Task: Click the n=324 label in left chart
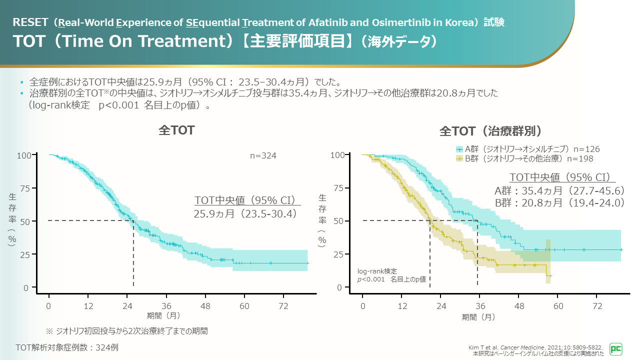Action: [x=263, y=156]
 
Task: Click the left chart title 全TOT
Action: [x=176, y=130]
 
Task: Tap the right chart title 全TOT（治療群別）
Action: [x=490, y=131]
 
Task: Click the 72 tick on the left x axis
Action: [x=283, y=306]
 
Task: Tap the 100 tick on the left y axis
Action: [x=24, y=155]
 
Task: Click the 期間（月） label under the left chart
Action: [x=163, y=316]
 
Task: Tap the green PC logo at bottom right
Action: [x=616, y=348]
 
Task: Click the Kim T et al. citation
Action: [x=535, y=347]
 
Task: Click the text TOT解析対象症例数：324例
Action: [x=66, y=347]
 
